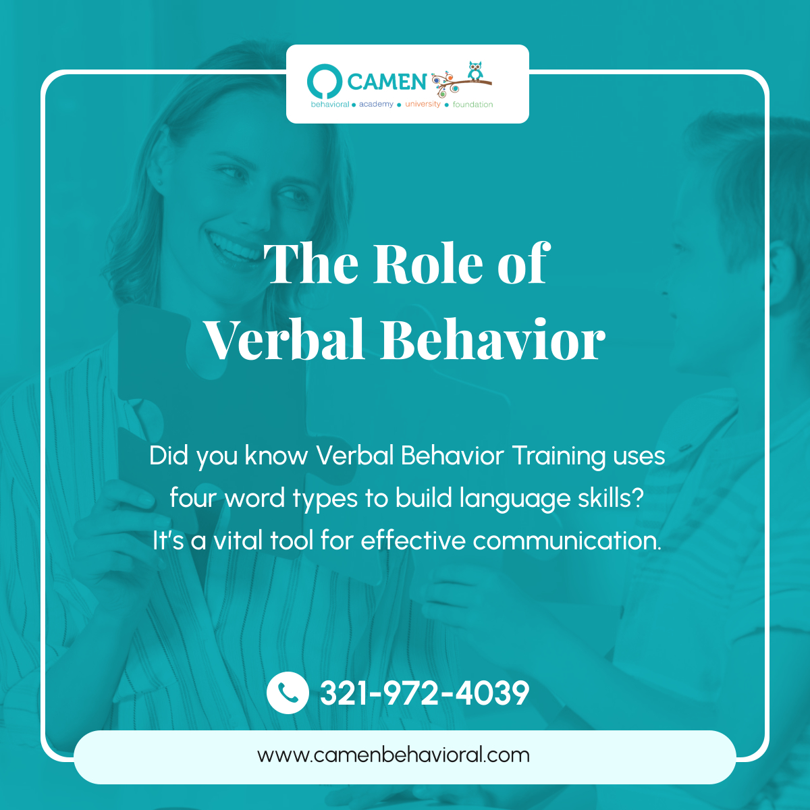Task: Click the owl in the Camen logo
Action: tap(476, 71)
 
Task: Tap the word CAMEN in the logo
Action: tap(387, 82)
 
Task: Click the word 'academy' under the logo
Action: tap(376, 105)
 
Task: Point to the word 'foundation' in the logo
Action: tap(473, 105)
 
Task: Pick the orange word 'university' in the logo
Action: tap(423, 105)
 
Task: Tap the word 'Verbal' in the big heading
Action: tap(287, 340)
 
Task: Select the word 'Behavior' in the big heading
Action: tap(492, 340)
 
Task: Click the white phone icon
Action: tap(288, 693)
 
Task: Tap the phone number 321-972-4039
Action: tap(425, 693)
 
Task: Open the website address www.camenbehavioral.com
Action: tap(394, 755)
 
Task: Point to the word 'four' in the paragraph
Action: tap(193, 498)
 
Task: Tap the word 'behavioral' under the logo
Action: tap(330, 105)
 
